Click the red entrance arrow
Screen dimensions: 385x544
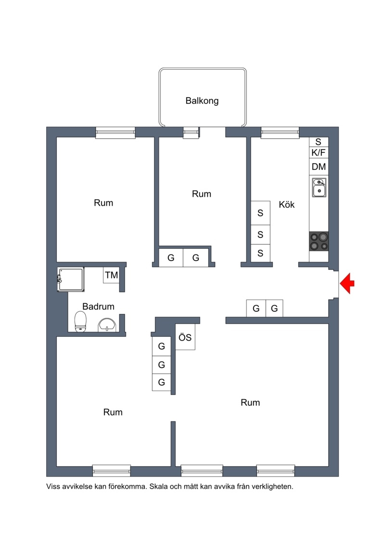click(347, 283)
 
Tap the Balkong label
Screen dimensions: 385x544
click(202, 101)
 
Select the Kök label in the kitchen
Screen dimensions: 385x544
click(286, 204)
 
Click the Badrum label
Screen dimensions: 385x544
click(98, 306)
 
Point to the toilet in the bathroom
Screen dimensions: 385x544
click(80, 321)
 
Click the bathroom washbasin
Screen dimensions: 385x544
click(107, 325)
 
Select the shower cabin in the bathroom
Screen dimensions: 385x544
click(71, 279)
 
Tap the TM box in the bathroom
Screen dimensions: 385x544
click(111, 275)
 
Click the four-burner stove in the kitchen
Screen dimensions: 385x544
click(319, 241)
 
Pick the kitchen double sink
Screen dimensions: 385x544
click(319, 188)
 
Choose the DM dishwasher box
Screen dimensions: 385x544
click(319, 166)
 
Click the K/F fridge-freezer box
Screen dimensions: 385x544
click(319, 152)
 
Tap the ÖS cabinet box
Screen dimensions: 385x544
click(185, 337)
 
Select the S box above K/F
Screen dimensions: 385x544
click(319, 141)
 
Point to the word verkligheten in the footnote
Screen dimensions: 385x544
click(272, 486)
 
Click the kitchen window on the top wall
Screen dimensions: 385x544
click(280, 132)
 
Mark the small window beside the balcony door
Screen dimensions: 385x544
click(191, 132)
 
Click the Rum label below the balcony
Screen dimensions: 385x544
click(201, 193)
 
